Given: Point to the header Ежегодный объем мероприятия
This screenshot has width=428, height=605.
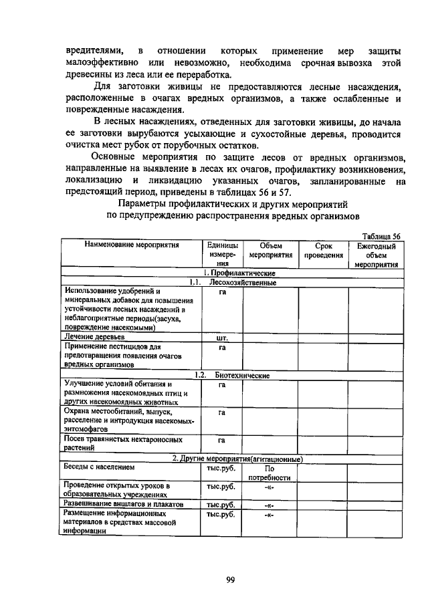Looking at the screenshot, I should tap(377, 255).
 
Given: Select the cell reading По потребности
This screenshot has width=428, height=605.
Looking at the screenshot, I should tap(270, 473).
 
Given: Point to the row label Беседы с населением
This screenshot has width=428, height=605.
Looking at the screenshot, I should tap(99, 468).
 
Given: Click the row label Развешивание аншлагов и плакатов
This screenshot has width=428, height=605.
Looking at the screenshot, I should tap(123, 503).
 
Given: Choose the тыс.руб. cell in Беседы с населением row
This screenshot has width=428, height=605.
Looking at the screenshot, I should tap(221, 468).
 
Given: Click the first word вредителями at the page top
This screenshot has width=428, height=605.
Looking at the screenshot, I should tap(94, 51).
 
